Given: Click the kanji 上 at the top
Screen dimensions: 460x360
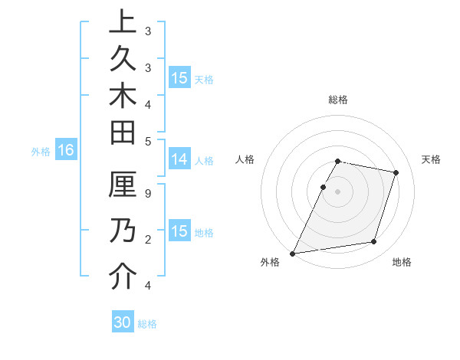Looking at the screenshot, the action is pyautogui.click(x=123, y=22).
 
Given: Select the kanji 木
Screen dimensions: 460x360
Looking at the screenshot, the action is pyautogui.click(x=123, y=95).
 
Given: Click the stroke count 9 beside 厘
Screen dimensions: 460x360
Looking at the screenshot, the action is pyautogui.click(x=148, y=195).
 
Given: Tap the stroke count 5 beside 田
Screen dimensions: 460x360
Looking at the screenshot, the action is pyautogui.click(x=148, y=141).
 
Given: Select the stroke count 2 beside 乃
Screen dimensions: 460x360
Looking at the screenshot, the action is pyautogui.click(x=148, y=240).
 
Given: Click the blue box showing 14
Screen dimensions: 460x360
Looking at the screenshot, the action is pyautogui.click(x=179, y=160).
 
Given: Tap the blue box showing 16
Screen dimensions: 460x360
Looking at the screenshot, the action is pyautogui.click(x=66, y=151).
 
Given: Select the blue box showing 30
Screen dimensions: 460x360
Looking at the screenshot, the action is pyautogui.click(x=123, y=322).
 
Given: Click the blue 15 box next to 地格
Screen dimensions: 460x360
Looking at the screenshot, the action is pyautogui.click(x=179, y=231).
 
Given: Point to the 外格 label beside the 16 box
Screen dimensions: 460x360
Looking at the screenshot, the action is pyautogui.click(x=41, y=152).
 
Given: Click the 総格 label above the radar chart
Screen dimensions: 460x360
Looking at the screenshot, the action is pyautogui.click(x=337, y=100).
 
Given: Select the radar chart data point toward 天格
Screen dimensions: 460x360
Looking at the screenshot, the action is pyautogui.click(x=396, y=172).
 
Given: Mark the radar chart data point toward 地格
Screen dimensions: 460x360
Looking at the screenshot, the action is pyautogui.click(x=374, y=242).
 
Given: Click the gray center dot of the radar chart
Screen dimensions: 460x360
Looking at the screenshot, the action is pyautogui.click(x=337, y=191).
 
